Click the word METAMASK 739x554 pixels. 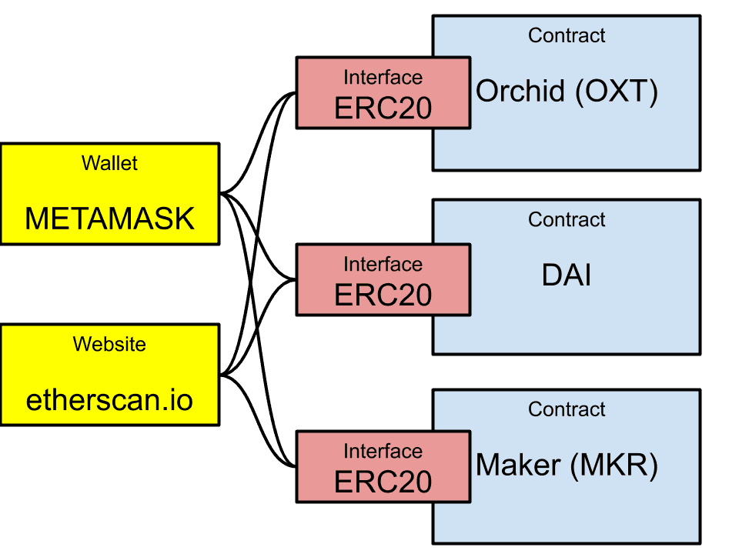pyautogui.click(x=109, y=219)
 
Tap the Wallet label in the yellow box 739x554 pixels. pyautogui.click(x=109, y=163)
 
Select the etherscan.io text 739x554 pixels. pyautogui.click(x=109, y=400)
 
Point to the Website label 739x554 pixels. pyautogui.click(x=109, y=344)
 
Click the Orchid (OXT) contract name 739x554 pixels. pyautogui.click(x=567, y=92)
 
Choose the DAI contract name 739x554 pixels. pyautogui.click(x=567, y=275)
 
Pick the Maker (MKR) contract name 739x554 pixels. pyautogui.click(x=567, y=466)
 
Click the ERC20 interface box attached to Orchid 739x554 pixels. pyautogui.click(x=383, y=92)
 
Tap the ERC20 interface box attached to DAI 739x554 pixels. pyautogui.click(x=383, y=279)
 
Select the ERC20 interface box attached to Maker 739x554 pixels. pyautogui.click(x=383, y=466)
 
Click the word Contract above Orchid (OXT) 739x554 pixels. pyautogui.click(x=567, y=35)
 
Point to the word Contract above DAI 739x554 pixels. pyautogui.click(x=567, y=220)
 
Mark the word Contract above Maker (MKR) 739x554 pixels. pyautogui.click(x=567, y=409)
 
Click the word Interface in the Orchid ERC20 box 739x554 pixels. pyautogui.click(x=383, y=78)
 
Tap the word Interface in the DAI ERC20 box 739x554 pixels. pyautogui.click(x=383, y=265)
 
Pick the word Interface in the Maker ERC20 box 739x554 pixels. pyautogui.click(x=383, y=452)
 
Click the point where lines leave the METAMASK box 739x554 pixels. pyautogui.click(x=222, y=192)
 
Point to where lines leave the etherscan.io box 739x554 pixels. pyautogui.click(x=222, y=375)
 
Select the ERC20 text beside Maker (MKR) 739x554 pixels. pyautogui.click(x=383, y=482)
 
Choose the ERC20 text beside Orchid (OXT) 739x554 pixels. pyautogui.click(x=383, y=108)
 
